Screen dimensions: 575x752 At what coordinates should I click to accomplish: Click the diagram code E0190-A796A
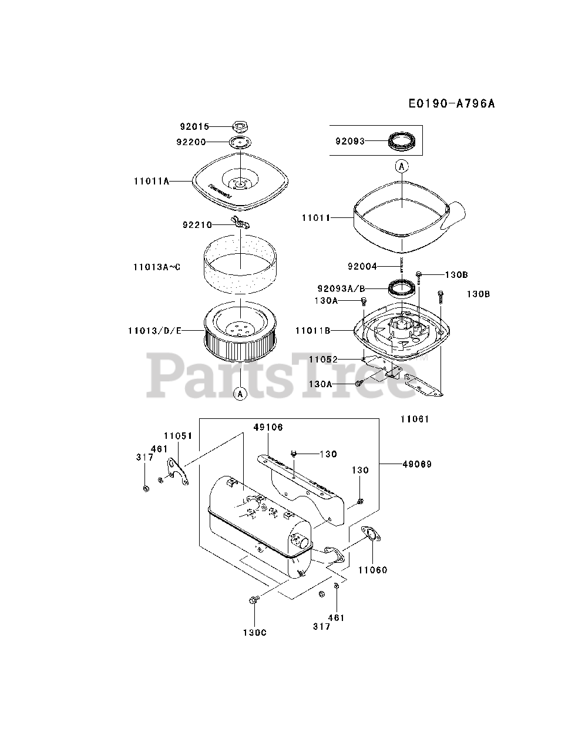452,104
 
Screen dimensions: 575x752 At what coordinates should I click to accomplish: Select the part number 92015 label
194,126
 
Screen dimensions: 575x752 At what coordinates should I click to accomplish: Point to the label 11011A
151,182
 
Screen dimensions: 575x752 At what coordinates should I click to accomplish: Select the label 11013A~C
157,267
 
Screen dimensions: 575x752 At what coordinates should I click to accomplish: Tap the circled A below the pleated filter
240,394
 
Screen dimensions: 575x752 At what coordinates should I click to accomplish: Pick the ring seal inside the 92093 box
402,142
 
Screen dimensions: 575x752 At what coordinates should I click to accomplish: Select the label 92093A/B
341,288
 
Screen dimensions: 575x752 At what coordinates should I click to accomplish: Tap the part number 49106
268,427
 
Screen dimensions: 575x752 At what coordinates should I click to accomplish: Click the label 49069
417,464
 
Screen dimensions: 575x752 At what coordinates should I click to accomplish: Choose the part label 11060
373,570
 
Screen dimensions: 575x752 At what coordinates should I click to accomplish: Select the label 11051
178,435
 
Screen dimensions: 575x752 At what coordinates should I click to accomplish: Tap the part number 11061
415,419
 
